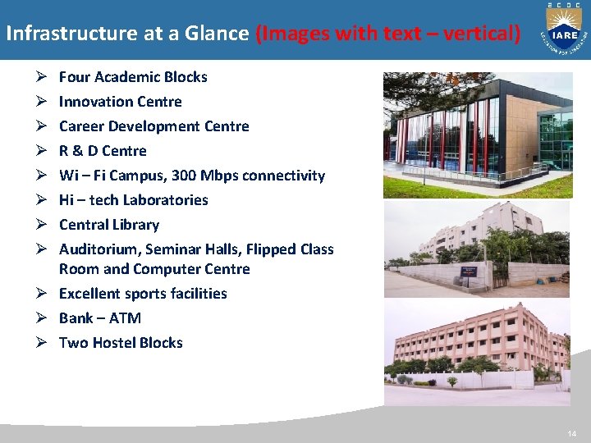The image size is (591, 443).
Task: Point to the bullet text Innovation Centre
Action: point(120,102)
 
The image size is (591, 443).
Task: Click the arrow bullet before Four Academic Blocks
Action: point(42,77)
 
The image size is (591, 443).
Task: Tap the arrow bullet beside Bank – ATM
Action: point(42,318)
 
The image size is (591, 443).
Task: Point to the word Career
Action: point(80,126)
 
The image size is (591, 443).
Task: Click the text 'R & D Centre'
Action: point(103,151)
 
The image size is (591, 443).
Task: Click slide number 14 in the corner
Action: point(571,433)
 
